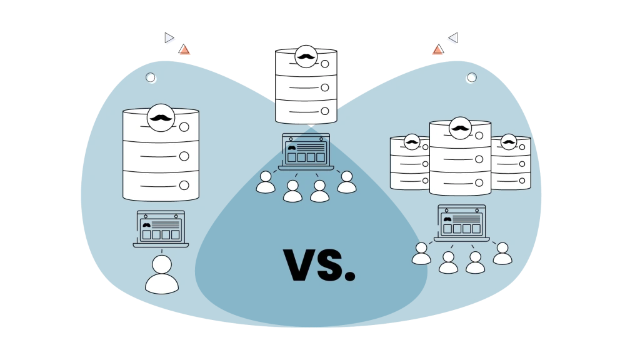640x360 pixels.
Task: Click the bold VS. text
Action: [319, 265]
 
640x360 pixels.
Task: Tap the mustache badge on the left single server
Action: [161, 117]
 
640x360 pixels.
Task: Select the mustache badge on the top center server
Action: [306, 56]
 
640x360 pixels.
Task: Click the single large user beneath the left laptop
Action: [162, 274]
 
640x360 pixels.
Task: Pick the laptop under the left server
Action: [161, 229]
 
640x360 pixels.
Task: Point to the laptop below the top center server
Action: [306, 152]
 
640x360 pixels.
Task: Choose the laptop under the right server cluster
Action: [462, 223]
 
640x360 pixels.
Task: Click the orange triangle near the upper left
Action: [184, 49]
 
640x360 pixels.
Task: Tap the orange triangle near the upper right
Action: [438, 49]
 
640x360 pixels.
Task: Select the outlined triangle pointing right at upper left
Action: [169, 38]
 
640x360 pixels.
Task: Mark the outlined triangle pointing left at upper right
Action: [454, 38]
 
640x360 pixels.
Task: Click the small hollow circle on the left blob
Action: [151, 77]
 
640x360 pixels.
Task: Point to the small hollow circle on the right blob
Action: [472, 77]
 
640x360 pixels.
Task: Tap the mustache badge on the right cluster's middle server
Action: [461, 128]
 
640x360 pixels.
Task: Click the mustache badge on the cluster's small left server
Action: [412, 142]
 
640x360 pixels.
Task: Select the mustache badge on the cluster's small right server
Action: [509, 142]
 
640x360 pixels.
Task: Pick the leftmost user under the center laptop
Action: [266, 182]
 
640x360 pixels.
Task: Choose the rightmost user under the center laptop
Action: [346, 182]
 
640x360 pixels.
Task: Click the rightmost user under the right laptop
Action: [502, 254]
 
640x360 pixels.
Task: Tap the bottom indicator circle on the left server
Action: [184, 185]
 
